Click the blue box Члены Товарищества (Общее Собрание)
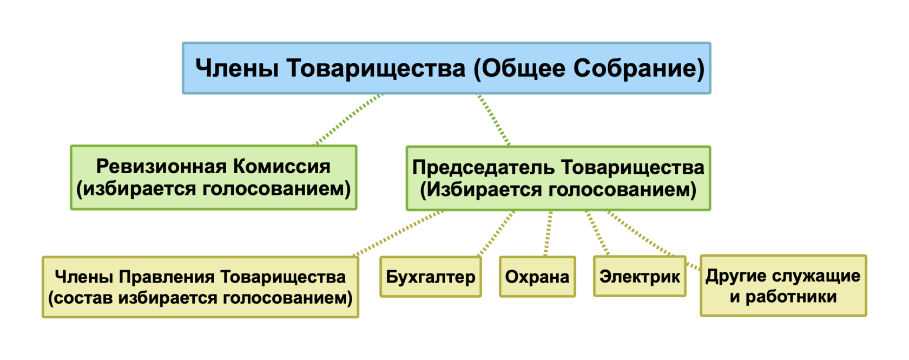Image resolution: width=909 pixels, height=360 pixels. (446, 68)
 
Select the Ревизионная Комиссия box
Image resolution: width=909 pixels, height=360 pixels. (213, 178)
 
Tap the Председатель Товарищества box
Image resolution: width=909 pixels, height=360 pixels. (558, 178)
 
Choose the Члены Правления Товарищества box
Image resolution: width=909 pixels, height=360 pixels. (200, 287)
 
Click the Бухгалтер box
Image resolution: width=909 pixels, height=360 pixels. (430, 277)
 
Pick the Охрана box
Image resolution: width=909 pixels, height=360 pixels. (537, 277)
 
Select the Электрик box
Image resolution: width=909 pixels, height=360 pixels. (640, 277)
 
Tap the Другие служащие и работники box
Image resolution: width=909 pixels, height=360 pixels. (782, 286)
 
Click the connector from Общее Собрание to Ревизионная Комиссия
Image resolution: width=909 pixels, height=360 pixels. (349, 120)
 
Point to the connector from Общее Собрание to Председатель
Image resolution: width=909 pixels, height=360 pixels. (493, 120)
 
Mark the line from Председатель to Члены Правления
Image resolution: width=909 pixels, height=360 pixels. (398, 233)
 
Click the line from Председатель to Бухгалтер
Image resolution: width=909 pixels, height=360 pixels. (496, 233)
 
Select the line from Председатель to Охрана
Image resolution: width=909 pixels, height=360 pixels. (548, 233)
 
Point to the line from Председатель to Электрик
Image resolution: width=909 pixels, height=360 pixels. (597, 233)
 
